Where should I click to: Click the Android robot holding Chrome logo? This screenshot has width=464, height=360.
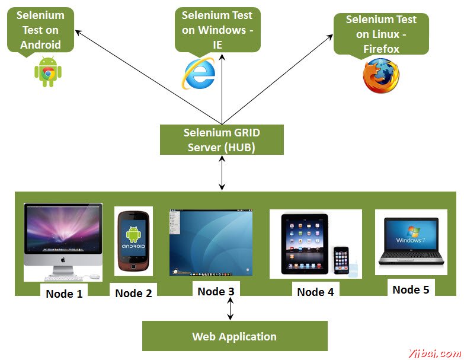[48, 72]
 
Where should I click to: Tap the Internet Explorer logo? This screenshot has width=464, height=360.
[199, 74]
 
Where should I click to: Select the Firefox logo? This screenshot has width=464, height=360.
[381, 77]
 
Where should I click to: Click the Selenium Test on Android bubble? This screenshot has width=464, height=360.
[40, 30]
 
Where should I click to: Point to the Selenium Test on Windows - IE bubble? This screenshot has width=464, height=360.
[217, 30]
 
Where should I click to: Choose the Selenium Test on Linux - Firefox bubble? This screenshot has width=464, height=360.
[381, 34]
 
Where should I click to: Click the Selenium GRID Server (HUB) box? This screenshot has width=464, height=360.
[222, 140]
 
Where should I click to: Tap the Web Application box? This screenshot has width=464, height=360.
[234, 336]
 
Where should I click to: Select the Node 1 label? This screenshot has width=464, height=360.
[64, 293]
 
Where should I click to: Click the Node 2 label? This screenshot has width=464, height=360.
[133, 292]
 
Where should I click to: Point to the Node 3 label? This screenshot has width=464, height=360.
[219, 291]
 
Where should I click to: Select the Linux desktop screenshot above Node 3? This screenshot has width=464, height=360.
[210, 242]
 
